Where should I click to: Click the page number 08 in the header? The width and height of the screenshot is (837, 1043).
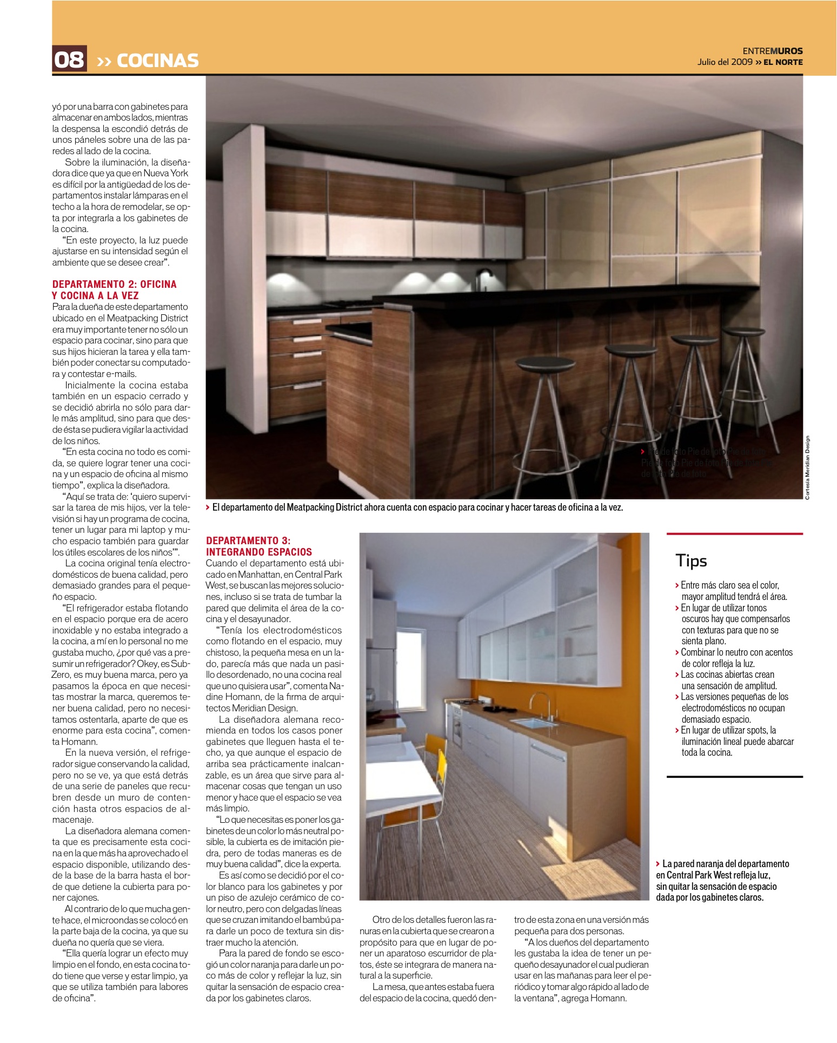(x=69, y=59)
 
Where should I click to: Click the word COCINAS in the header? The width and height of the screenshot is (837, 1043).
(x=157, y=60)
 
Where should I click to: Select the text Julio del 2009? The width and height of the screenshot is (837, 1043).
(x=725, y=62)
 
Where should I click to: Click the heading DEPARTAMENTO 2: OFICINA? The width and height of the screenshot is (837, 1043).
(x=114, y=285)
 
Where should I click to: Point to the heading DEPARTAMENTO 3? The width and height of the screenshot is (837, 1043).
(x=248, y=540)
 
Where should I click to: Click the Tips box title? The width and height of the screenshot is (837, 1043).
(x=691, y=561)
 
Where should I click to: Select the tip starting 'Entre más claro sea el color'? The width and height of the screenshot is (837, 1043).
(x=729, y=585)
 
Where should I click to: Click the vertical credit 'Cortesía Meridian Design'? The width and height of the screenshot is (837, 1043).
(x=807, y=468)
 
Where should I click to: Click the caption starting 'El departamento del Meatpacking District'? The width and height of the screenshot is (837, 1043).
(x=417, y=507)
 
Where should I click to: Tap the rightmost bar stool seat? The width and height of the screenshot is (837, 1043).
(x=751, y=330)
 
